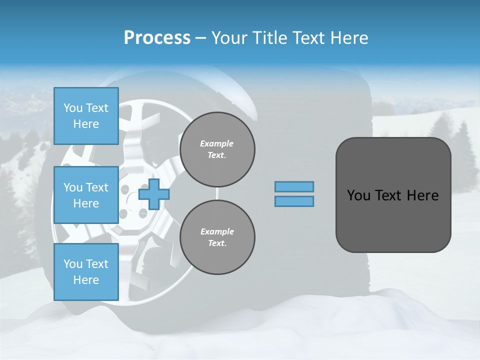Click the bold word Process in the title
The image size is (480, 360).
tap(157, 38)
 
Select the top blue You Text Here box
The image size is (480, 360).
tap(86, 116)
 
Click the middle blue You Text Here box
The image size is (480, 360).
tap(86, 195)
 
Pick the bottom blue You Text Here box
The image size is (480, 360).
tap(86, 272)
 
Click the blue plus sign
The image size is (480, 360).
tap(153, 194)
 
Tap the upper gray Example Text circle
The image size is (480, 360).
tap(217, 149)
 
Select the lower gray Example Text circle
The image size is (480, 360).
tap(217, 237)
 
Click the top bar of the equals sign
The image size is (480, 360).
tap(294, 186)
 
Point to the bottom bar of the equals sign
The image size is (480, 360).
tap(294, 201)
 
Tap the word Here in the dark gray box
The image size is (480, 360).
tap(423, 195)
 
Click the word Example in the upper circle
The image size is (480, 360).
tap(217, 143)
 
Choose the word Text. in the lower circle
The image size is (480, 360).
tap(217, 243)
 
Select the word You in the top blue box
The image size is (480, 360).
tap(72, 108)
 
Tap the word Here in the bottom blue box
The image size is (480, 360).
tap(86, 280)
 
